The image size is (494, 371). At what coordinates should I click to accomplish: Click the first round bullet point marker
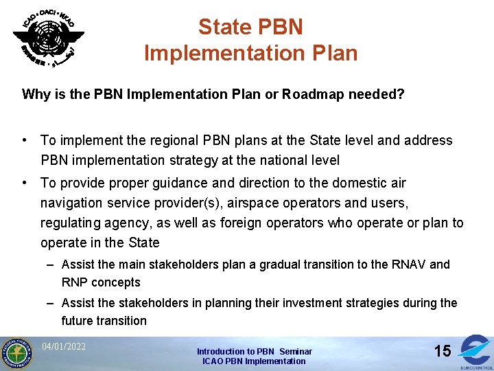(x=25, y=140)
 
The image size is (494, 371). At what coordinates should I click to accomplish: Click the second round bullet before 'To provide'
(x=25, y=183)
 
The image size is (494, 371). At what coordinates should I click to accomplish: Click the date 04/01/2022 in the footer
(x=64, y=346)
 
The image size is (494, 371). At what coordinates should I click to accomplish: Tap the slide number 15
(x=443, y=351)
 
